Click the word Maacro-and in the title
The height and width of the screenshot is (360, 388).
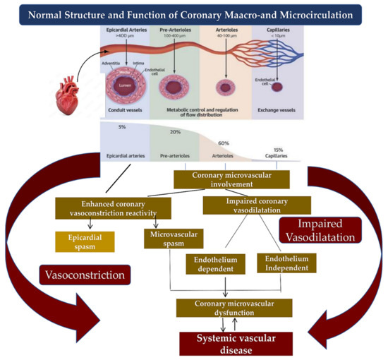pyautogui.click(x=234, y=14)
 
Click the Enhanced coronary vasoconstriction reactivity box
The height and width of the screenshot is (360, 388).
pyautogui.click(x=114, y=208)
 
